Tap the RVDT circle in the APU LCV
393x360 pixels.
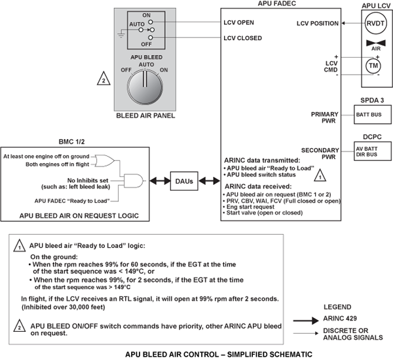click(x=373, y=24)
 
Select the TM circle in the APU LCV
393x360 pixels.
click(x=373, y=66)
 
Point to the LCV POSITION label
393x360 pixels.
click(x=317, y=24)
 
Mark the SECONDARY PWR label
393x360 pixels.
click(x=321, y=153)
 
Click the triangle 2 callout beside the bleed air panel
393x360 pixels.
click(x=102, y=81)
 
